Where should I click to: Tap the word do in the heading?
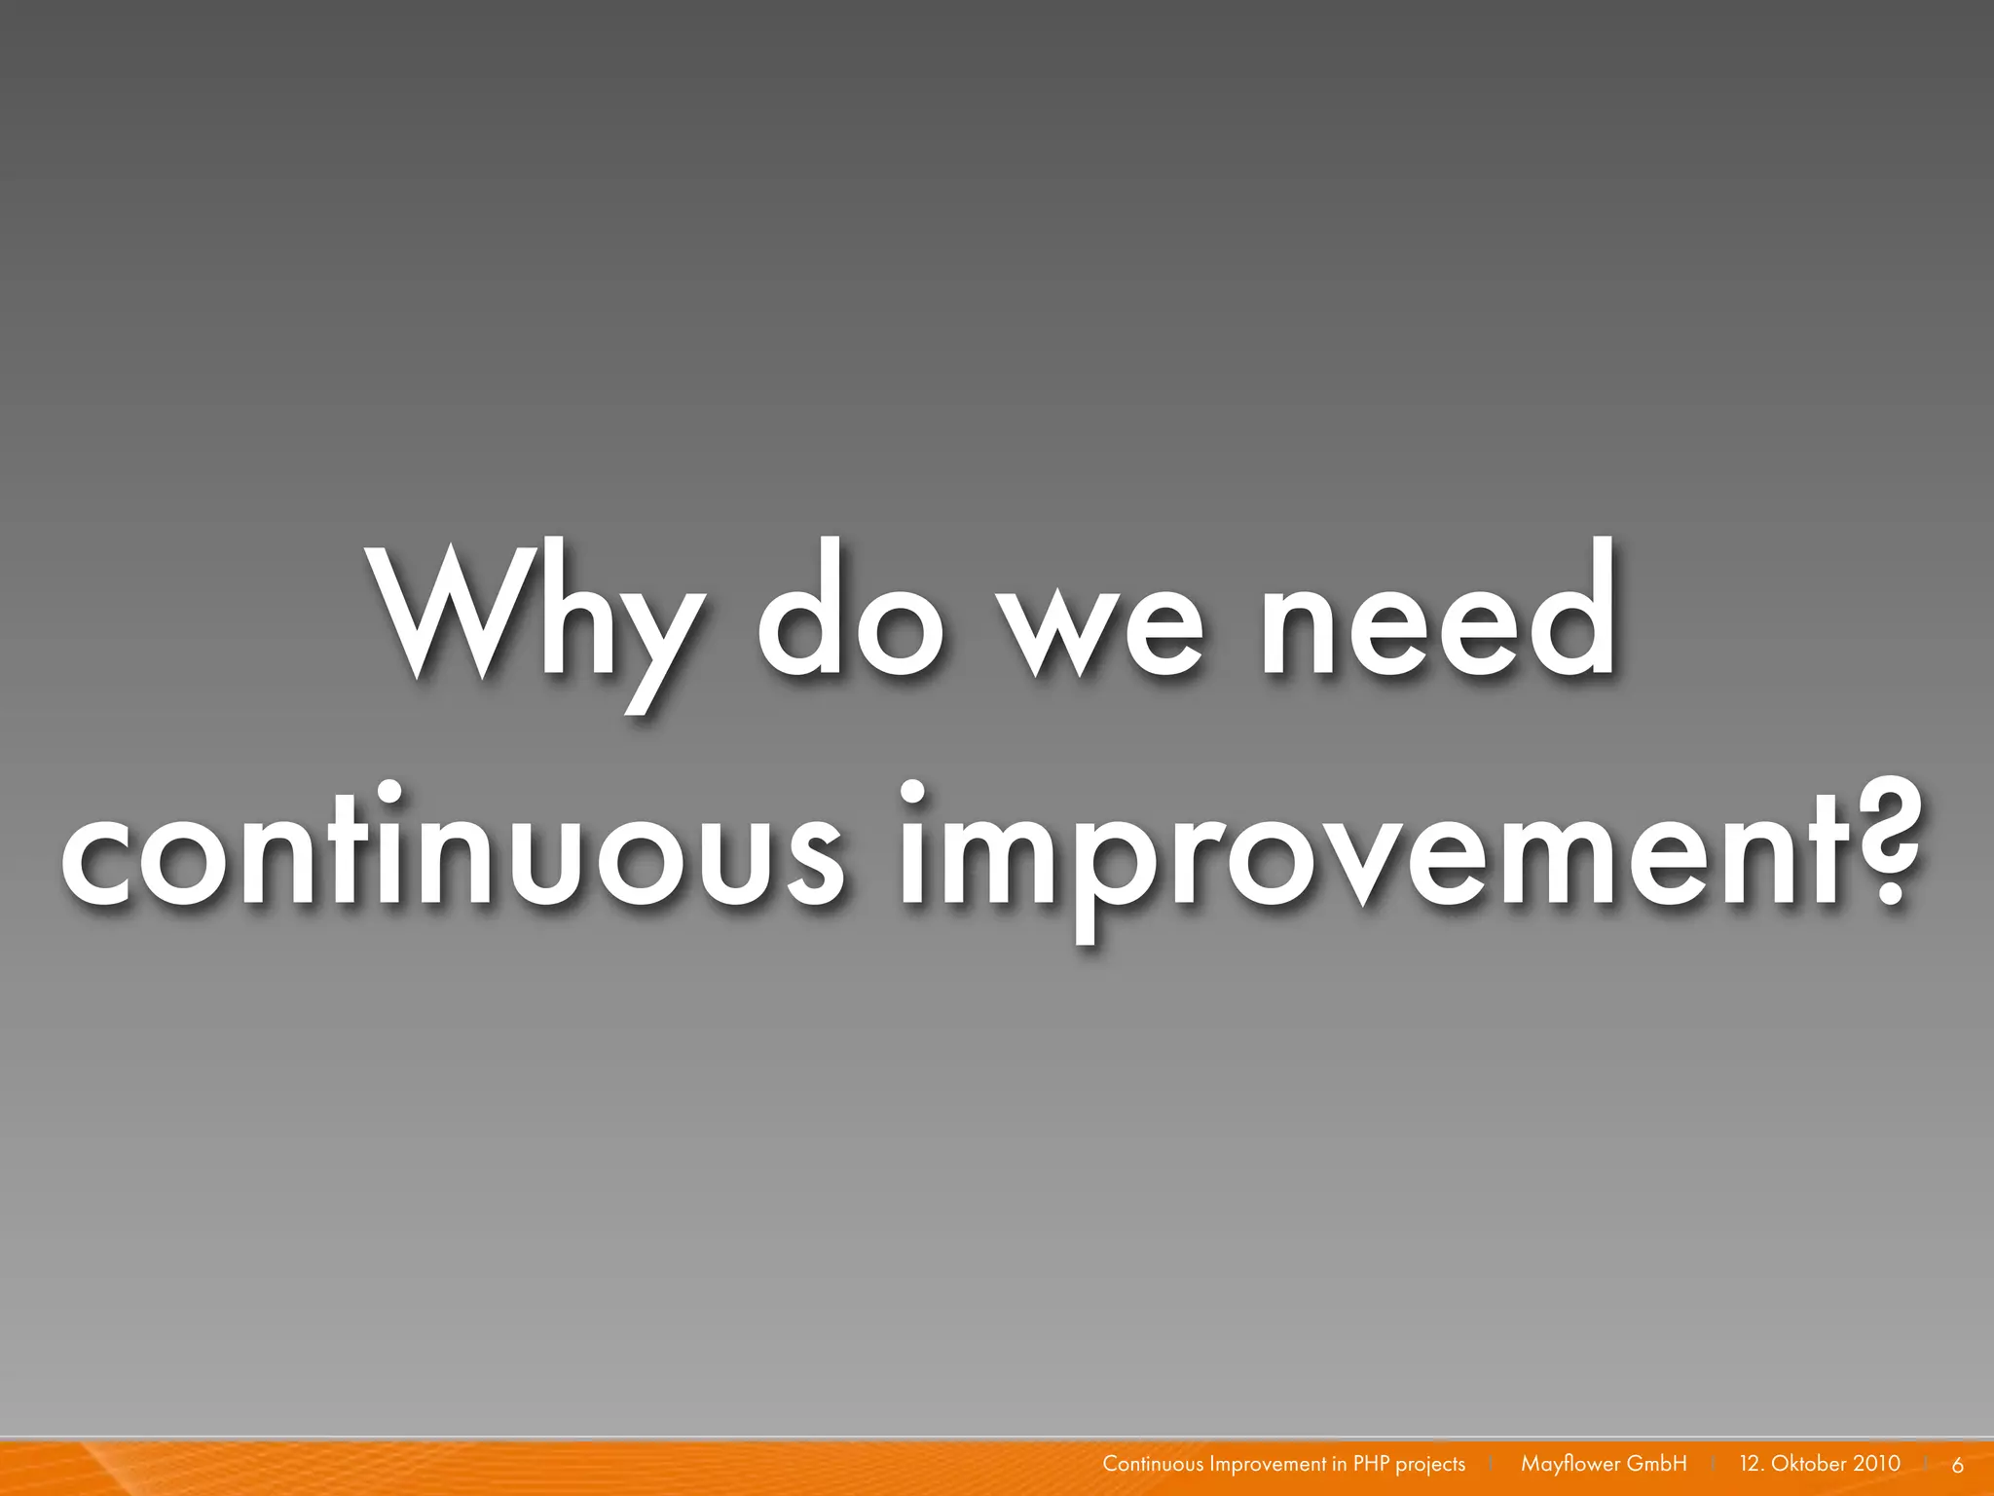[851, 614]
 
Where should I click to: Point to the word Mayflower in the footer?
[1570, 1464]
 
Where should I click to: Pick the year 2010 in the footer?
[1876, 1463]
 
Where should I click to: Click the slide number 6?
[1958, 1465]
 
